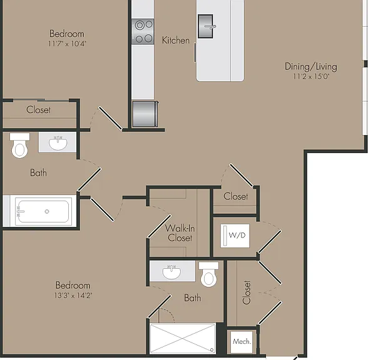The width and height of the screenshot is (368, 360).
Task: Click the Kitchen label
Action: coord(176,40)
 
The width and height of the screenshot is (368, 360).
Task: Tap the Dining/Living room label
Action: coord(310,67)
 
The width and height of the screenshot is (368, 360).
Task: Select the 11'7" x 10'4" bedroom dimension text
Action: coord(67,44)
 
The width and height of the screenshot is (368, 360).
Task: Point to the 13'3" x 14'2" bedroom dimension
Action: coord(73,295)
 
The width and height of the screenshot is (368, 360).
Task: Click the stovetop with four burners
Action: coord(143,31)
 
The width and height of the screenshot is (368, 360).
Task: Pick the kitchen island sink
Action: coord(206,26)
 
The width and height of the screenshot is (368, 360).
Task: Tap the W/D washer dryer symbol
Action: coord(235,236)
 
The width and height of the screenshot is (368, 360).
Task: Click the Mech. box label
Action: coord(242,341)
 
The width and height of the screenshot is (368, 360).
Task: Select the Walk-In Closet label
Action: coord(180,233)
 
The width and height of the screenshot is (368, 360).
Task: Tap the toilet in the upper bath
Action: coord(19,145)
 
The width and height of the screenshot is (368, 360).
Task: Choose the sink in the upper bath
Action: coord(58,143)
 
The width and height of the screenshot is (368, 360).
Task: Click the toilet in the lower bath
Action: coord(208,274)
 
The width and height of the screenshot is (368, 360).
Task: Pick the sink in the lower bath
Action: coord(171,272)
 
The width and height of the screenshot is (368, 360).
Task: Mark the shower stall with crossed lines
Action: coord(183,339)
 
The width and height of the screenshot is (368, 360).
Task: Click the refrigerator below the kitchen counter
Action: coord(145,114)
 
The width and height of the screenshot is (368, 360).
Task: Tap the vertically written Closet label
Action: coord(247,292)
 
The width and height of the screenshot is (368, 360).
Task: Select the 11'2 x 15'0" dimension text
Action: coord(311,76)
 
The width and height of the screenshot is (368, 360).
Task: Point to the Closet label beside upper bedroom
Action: coord(39,110)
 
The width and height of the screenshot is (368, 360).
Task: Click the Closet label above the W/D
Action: coord(235,196)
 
